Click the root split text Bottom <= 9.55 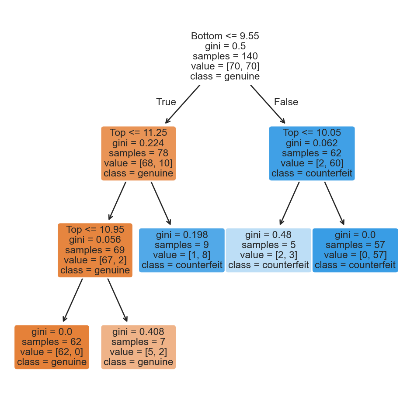pos(225,36)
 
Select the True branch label pos(166,102)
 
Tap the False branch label pos(286,102)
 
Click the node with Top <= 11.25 pos(138,153)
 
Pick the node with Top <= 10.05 pos(311,153)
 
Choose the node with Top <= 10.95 pos(95,250)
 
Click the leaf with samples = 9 pos(181,250)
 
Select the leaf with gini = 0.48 pos(268,250)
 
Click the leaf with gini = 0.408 pos(138,347)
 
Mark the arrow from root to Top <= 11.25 pos(183,104)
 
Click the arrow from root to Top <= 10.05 pos(268,104)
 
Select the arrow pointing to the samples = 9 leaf pos(160,203)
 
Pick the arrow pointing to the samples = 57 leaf pos(334,203)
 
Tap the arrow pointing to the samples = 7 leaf pos(117,300)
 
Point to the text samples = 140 pos(225,56)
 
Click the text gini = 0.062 pos(311,143)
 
